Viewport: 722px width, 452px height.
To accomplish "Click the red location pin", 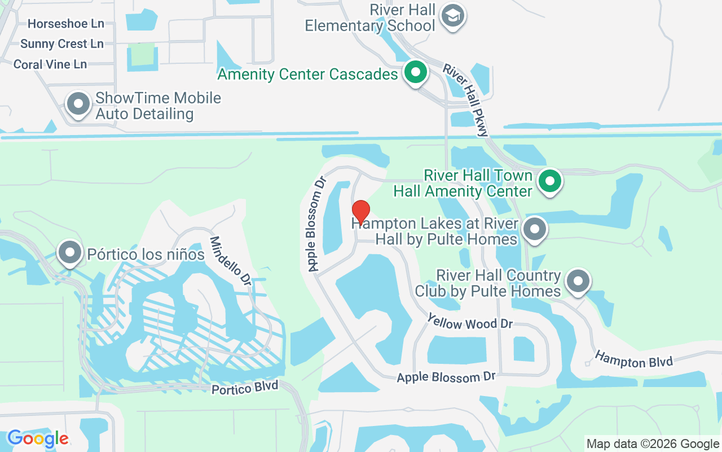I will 361,212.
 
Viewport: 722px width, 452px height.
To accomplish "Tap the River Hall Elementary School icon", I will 452,16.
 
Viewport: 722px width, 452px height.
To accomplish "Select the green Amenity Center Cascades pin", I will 416,73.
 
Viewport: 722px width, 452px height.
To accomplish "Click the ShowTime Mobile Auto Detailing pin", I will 78,105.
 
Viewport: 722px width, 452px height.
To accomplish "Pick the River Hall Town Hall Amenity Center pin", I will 549,181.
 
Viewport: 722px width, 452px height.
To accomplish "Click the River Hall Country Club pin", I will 577,281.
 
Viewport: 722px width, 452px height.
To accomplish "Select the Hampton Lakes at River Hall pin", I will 534,229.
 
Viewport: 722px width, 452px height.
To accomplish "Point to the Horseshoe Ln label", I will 66,24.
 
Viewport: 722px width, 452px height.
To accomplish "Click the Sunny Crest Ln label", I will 62,44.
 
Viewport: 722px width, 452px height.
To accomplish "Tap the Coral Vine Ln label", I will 50,64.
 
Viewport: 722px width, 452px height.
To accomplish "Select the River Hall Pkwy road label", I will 466,99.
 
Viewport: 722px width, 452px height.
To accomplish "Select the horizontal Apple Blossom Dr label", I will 446,377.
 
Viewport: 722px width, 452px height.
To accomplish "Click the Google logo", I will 38,438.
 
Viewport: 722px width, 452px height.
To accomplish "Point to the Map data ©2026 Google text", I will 653,444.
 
